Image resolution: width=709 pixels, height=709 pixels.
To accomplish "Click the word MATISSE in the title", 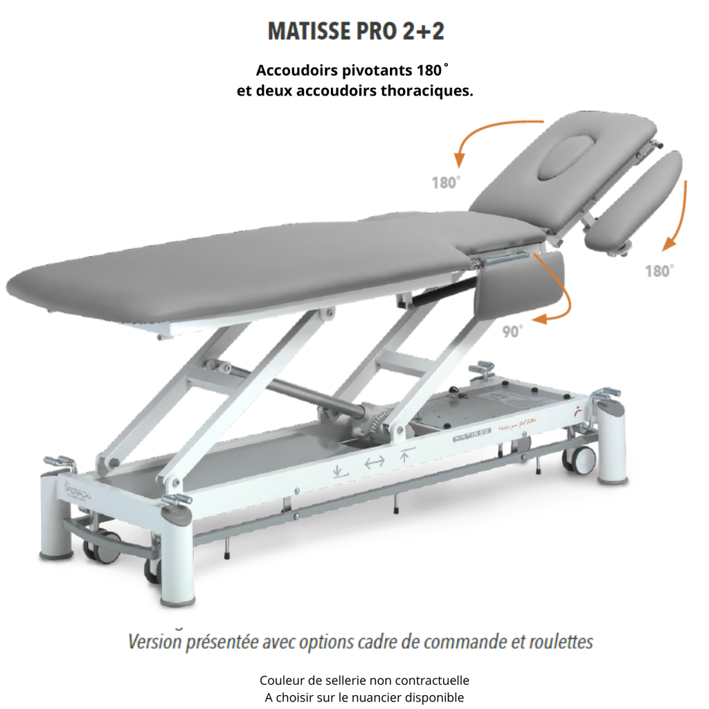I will click(313, 33).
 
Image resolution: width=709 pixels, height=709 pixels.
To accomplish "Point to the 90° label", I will click(513, 331).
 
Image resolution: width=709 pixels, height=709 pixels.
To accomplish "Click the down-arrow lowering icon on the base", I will click(339, 472).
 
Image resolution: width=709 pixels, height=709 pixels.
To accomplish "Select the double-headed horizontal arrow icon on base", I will click(374, 463).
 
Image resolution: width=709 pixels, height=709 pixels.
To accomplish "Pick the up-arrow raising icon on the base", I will click(406, 455).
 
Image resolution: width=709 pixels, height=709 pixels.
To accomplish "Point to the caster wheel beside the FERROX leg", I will click(97, 547).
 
